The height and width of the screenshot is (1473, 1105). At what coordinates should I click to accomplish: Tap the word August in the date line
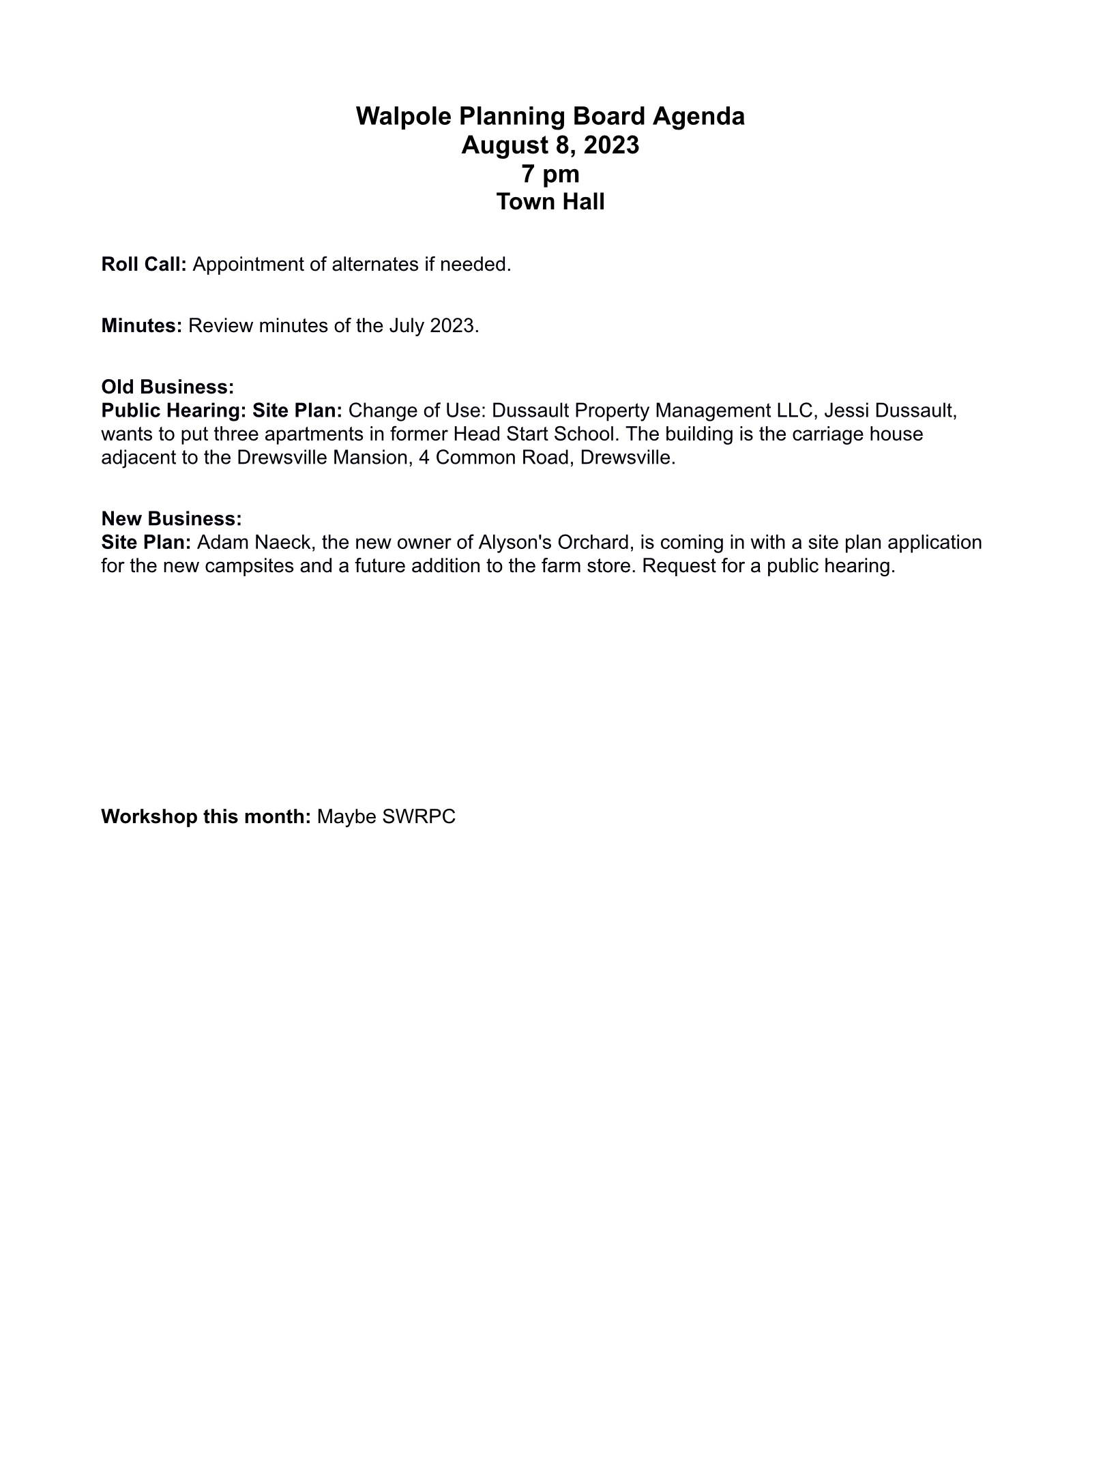(503, 145)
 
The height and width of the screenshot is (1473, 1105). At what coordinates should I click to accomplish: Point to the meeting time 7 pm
(550, 174)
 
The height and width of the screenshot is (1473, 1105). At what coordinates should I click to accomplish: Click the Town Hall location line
(550, 203)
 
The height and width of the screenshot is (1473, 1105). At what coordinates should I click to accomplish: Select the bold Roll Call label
(144, 265)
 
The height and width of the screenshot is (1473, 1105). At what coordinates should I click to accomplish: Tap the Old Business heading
(168, 387)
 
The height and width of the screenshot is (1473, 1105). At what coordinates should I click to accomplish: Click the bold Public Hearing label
(174, 411)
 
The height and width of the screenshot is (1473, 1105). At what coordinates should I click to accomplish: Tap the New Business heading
(171, 519)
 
